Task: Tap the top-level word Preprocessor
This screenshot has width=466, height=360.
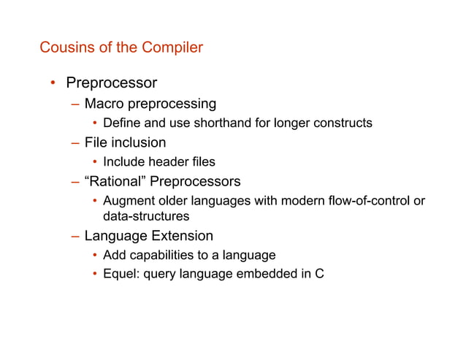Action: point(112,83)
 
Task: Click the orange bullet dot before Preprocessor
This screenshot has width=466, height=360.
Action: point(53,83)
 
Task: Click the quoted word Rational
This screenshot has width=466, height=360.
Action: point(115,180)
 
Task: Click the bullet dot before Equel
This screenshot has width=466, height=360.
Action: point(95,275)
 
